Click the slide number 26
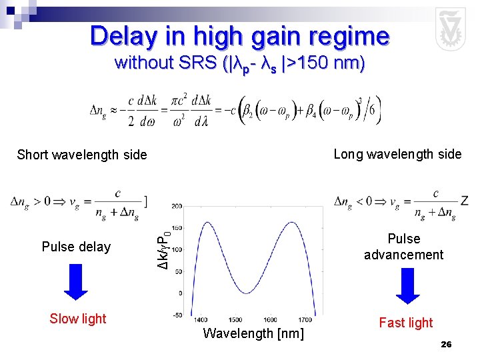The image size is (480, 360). pyautogui.click(x=446, y=344)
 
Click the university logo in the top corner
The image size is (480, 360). pyautogui.click(x=450, y=29)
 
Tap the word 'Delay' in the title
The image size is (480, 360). pyautogui.click(x=122, y=35)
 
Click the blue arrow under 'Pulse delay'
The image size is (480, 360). pyautogui.click(x=76, y=285)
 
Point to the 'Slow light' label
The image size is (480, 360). pyautogui.click(x=78, y=319)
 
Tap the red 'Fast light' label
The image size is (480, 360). pyautogui.click(x=405, y=323)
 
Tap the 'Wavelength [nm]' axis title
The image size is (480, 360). pyautogui.click(x=253, y=333)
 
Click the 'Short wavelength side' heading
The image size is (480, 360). pyautogui.click(x=82, y=155)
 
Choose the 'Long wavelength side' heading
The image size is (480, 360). pyautogui.click(x=397, y=155)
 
